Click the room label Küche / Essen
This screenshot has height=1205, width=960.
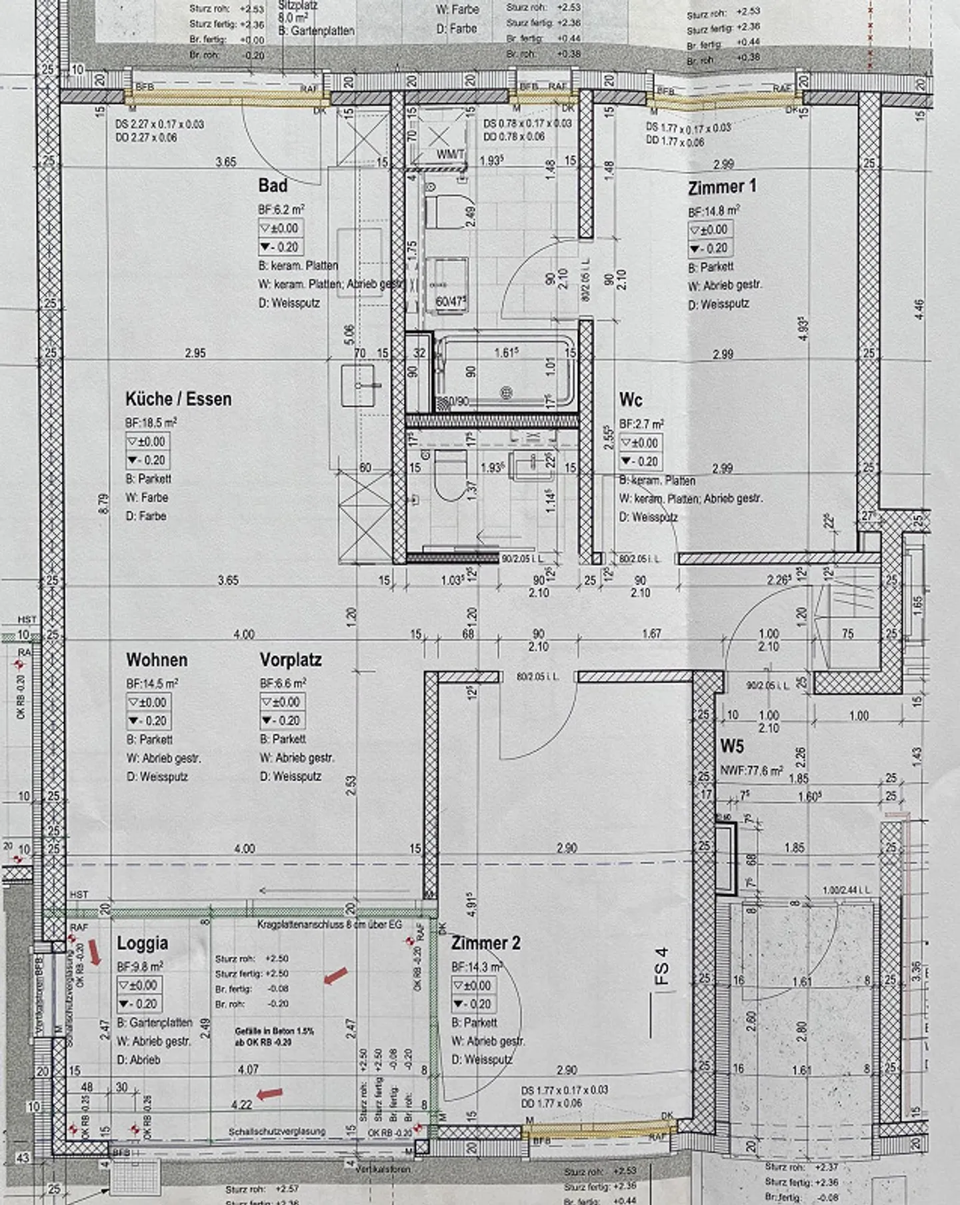click(178, 399)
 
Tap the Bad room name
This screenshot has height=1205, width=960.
click(273, 185)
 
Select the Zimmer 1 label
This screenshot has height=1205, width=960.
click(722, 187)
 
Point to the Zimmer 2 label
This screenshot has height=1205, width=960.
click(485, 943)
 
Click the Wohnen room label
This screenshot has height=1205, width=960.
click(157, 660)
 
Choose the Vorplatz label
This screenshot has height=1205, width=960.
click(291, 660)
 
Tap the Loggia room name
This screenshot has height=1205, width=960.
click(142, 943)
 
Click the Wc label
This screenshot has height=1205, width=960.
click(630, 400)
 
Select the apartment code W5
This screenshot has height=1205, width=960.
click(731, 746)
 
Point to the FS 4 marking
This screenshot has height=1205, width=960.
click(661, 967)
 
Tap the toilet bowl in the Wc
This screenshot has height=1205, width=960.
click(449, 475)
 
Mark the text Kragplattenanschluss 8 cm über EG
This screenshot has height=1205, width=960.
click(330, 925)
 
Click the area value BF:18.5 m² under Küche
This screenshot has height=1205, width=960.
click(151, 423)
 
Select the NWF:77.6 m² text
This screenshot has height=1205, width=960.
click(751, 771)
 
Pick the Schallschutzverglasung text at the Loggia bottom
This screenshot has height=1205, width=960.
click(277, 1131)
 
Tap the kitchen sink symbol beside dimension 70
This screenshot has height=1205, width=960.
click(361, 385)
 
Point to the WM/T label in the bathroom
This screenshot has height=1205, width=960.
click(451, 155)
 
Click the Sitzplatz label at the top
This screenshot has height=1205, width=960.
click(297, 5)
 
